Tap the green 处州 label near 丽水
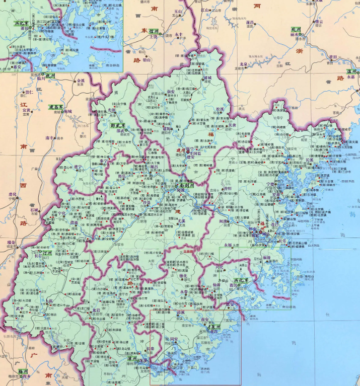297,30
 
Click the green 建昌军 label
56,107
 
